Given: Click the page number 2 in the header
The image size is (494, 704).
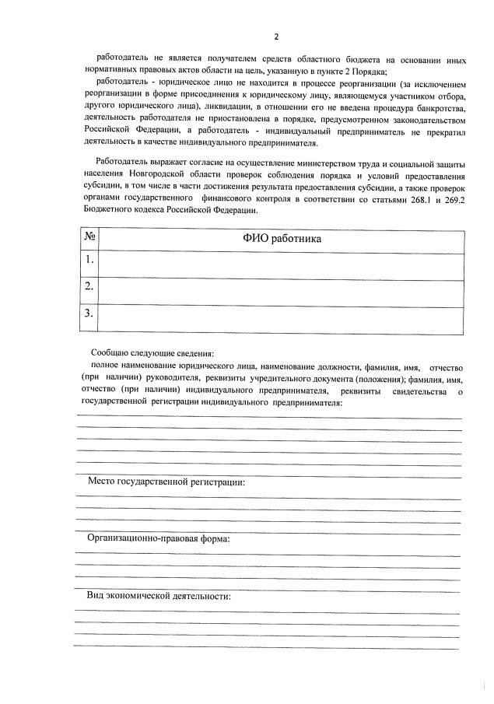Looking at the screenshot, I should coord(275,36).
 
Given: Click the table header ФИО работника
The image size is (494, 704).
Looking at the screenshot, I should coord(282,238).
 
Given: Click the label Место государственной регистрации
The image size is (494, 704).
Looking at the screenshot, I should coord(166,482).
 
